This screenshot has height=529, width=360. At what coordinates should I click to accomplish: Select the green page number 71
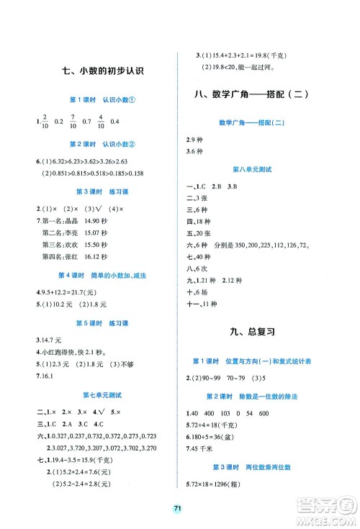coord(179,507)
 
